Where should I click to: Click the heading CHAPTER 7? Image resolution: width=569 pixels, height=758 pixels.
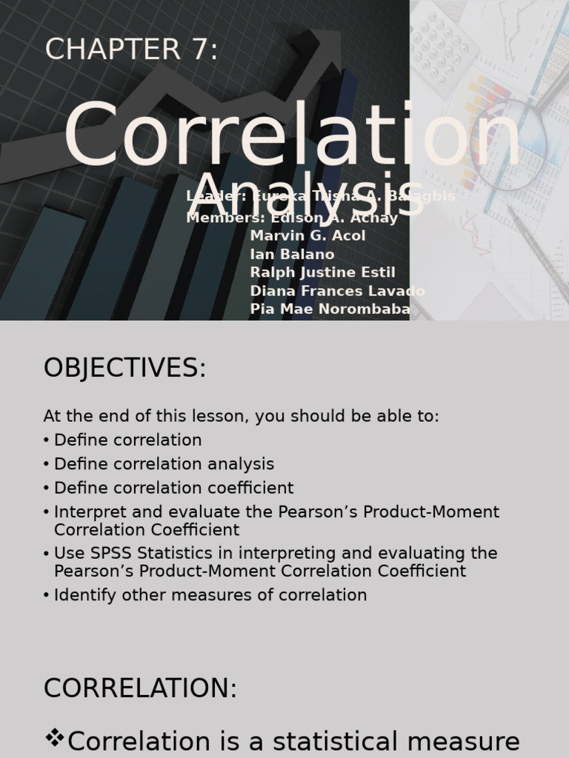tap(132, 50)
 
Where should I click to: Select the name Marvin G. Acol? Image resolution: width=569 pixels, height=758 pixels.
tap(307, 236)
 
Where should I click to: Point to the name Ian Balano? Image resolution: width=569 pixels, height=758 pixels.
tap(292, 255)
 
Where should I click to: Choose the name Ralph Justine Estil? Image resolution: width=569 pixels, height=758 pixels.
tap(322, 272)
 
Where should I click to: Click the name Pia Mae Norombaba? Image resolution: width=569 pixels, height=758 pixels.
tap(330, 309)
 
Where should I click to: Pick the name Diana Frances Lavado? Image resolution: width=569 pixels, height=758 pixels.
tap(337, 291)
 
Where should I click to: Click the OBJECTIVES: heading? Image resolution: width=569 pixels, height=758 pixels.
tap(124, 368)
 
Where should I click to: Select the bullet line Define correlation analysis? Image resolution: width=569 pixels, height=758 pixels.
tap(164, 464)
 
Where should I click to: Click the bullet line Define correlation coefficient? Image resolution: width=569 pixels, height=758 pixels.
tap(173, 488)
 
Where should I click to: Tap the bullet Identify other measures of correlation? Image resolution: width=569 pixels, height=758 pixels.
tap(210, 595)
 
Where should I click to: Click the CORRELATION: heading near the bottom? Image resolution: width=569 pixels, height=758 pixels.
tap(140, 688)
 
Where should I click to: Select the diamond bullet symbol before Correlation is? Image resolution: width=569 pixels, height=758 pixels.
tap(54, 737)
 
